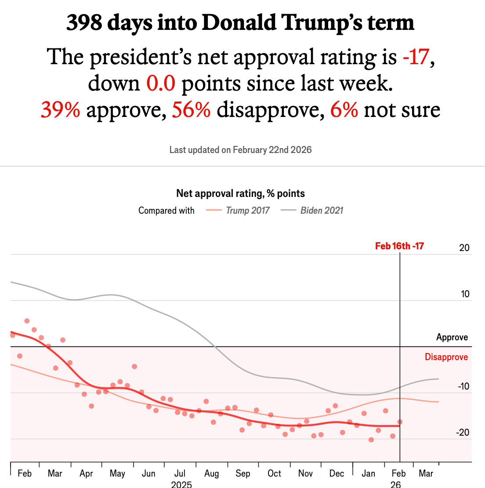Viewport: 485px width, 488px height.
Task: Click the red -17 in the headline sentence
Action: pos(415,57)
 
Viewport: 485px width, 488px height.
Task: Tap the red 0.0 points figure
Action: pos(161,84)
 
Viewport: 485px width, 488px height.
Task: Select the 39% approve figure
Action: pos(60,110)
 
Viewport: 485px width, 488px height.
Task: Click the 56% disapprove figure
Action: pos(191,110)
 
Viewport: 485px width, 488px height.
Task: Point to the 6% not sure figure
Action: pos(344,110)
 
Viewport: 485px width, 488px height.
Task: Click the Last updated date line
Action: pos(241,150)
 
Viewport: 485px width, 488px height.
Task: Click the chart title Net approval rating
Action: pos(241,193)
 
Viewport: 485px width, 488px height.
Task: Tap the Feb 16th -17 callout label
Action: pos(399,246)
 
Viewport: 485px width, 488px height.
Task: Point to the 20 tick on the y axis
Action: pos(464,248)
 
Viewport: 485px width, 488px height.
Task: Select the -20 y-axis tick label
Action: pos(463,433)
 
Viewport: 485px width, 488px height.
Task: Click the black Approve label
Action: pos(452,338)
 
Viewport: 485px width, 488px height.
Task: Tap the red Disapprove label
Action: pos(446,357)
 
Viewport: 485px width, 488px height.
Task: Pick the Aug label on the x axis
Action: pos(211,474)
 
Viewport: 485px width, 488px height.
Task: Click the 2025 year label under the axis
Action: pos(181,484)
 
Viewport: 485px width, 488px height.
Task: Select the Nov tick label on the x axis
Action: pos(305,474)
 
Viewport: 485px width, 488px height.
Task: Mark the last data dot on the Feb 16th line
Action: pos(400,422)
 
